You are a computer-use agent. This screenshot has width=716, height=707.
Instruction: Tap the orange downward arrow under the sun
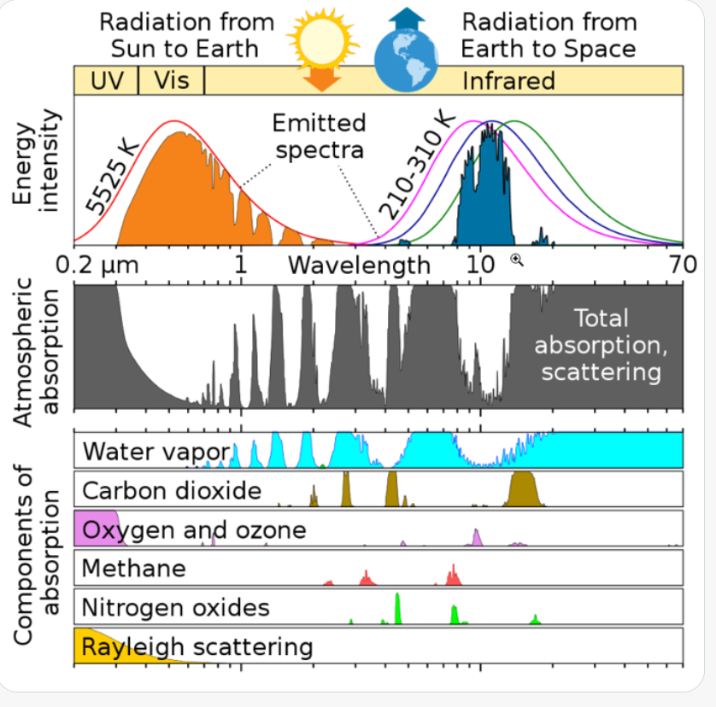point(322,79)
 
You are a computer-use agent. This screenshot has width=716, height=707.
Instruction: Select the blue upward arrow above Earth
point(407,18)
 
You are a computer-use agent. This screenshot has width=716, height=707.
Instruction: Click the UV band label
point(107,81)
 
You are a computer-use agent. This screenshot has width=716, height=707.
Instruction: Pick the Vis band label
point(172,80)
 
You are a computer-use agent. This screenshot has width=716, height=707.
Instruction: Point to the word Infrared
point(508,81)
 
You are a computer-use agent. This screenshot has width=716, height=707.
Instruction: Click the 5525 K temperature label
point(112,177)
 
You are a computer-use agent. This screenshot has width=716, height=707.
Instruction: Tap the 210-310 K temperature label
point(417,166)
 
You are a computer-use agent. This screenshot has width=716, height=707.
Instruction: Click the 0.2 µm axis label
point(97,265)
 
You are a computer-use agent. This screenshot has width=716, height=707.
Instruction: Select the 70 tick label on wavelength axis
point(684,265)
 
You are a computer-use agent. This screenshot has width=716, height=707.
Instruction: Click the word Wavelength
point(360,266)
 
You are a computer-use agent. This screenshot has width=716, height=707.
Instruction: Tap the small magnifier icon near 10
point(517,260)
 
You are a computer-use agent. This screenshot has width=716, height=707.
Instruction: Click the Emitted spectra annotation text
point(320,137)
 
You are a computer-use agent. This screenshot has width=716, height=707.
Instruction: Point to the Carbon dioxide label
point(172,491)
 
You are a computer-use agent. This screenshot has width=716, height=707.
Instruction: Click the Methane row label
point(134,569)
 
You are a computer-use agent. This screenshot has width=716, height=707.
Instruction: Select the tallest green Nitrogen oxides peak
point(397,609)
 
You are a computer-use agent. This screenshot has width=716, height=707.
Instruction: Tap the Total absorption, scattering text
point(601,345)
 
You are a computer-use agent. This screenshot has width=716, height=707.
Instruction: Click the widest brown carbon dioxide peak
point(523,489)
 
